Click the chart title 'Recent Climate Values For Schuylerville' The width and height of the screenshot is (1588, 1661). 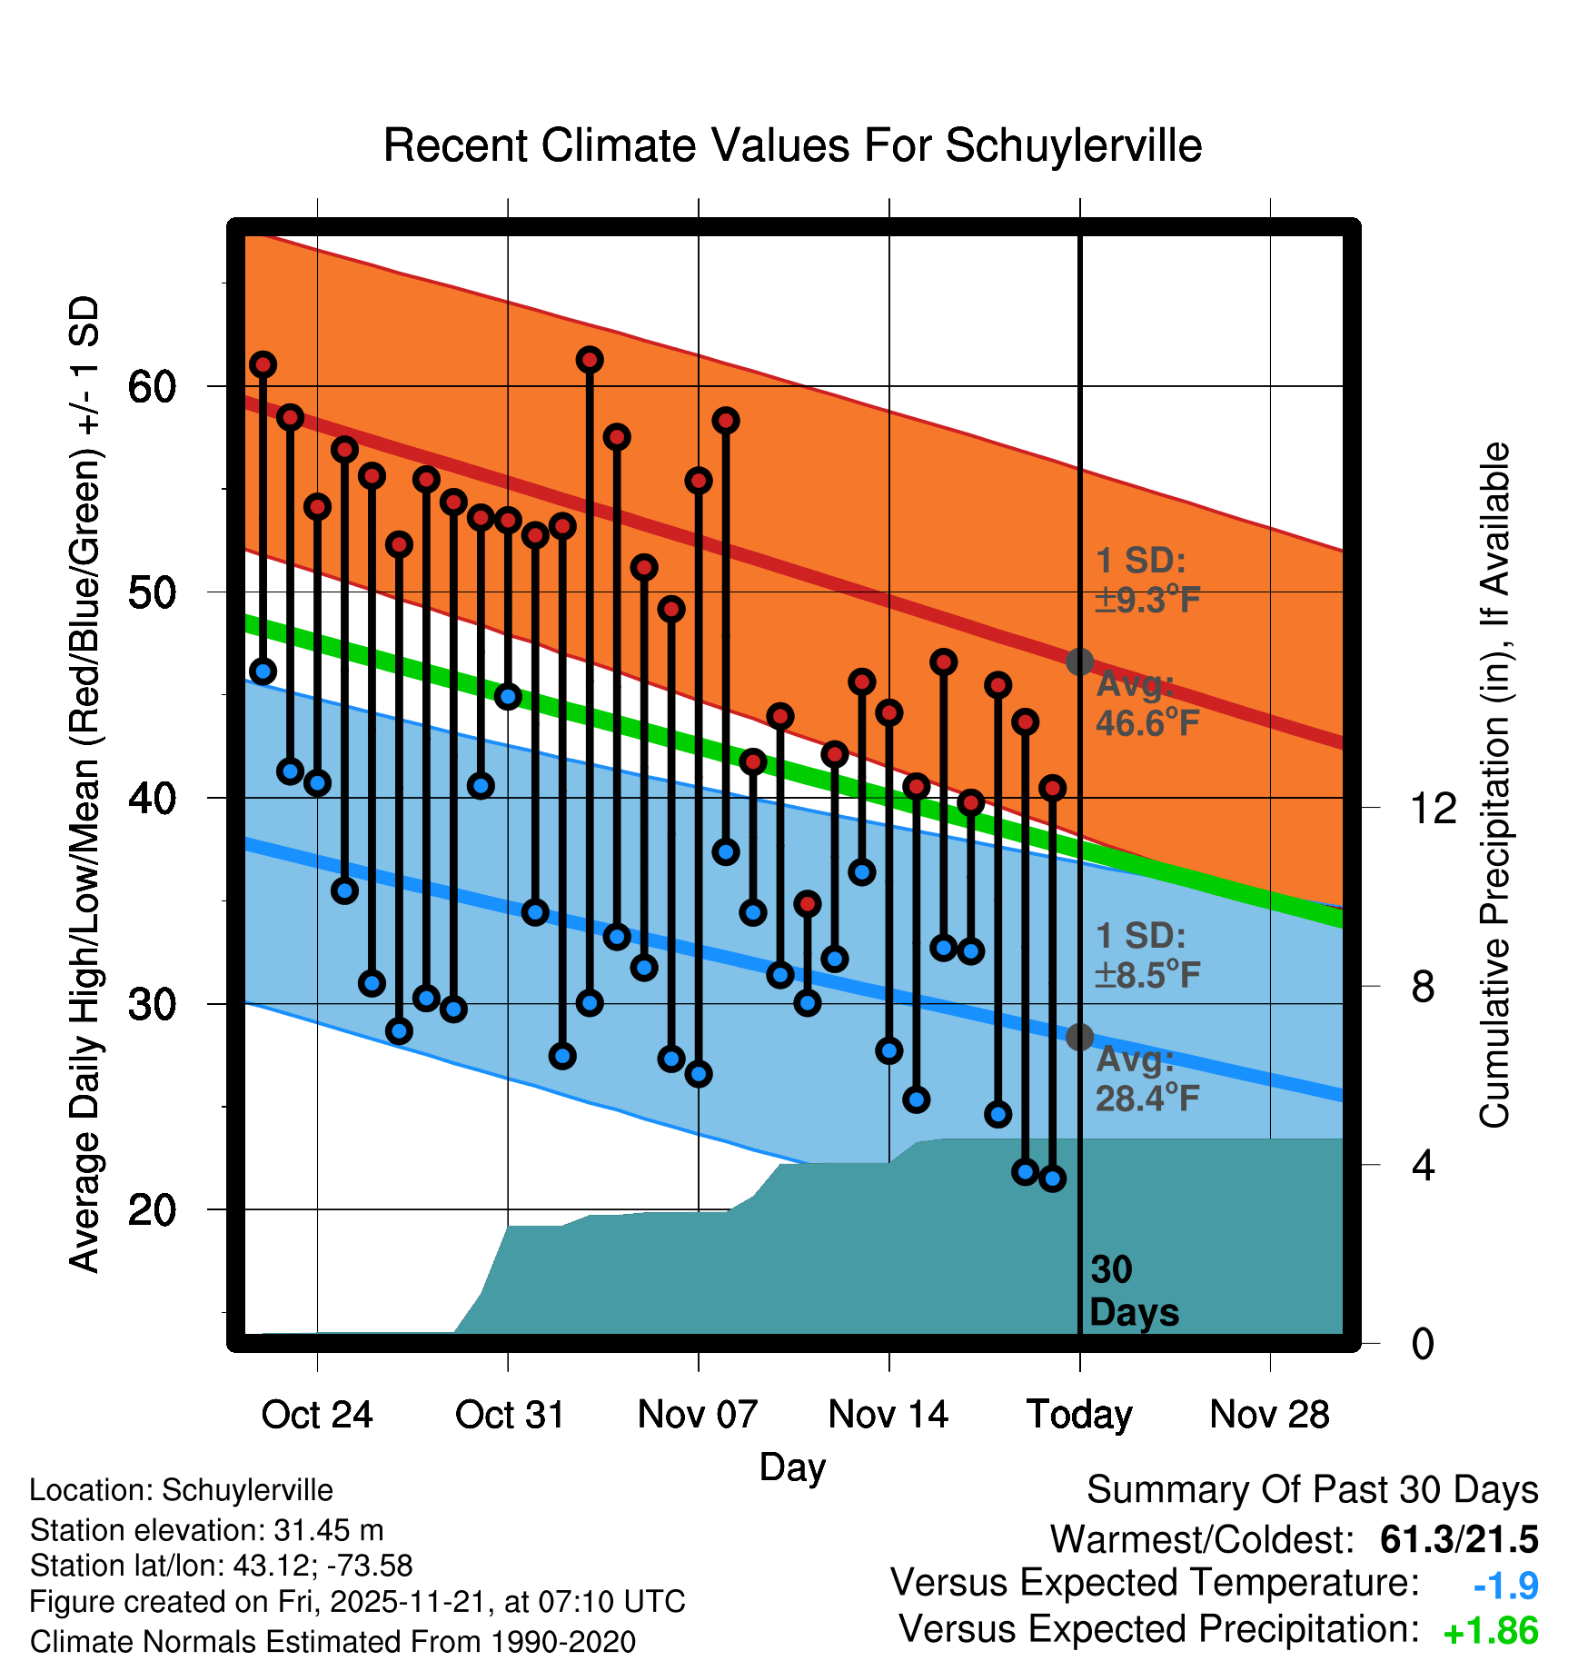tap(792, 145)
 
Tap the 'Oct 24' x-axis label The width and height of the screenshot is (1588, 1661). tap(316, 1415)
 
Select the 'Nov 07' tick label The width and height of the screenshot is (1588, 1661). tap(697, 1415)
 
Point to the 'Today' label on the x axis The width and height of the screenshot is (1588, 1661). tap(1079, 1415)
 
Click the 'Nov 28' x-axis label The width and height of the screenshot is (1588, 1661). tap(1269, 1415)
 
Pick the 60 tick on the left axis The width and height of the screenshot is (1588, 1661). tap(152, 387)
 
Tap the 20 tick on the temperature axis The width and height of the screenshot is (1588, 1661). tap(152, 1210)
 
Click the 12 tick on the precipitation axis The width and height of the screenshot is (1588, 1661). tap(1433, 808)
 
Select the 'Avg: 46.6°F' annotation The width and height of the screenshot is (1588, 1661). tap(1146, 704)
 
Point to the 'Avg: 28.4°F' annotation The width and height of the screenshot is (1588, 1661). tap(1146, 1079)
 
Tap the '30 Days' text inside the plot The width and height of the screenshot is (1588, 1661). tap(1133, 1291)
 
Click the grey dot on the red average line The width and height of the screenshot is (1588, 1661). tap(1079, 661)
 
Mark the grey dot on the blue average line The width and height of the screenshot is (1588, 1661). tap(1079, 1037)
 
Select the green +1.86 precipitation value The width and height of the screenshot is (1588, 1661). tap(1490, 1632)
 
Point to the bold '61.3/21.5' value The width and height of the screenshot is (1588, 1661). tap(1459, 1539)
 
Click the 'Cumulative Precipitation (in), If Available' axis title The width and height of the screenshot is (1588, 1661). tap(1494, 785)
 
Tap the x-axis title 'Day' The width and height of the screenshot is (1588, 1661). tap(792, 1467)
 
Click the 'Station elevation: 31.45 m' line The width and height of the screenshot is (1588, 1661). tap(206, 1530)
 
